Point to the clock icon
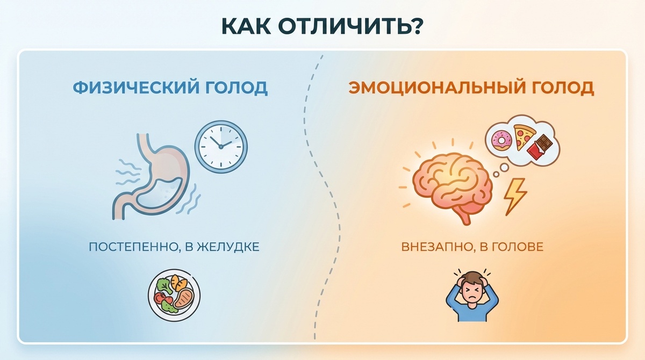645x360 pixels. pyautogui.click(x=220, y=145)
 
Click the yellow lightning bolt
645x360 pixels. pyautogui.click(x=514, y=195)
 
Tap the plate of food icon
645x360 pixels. pyautogui.click(x=174, y=295)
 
